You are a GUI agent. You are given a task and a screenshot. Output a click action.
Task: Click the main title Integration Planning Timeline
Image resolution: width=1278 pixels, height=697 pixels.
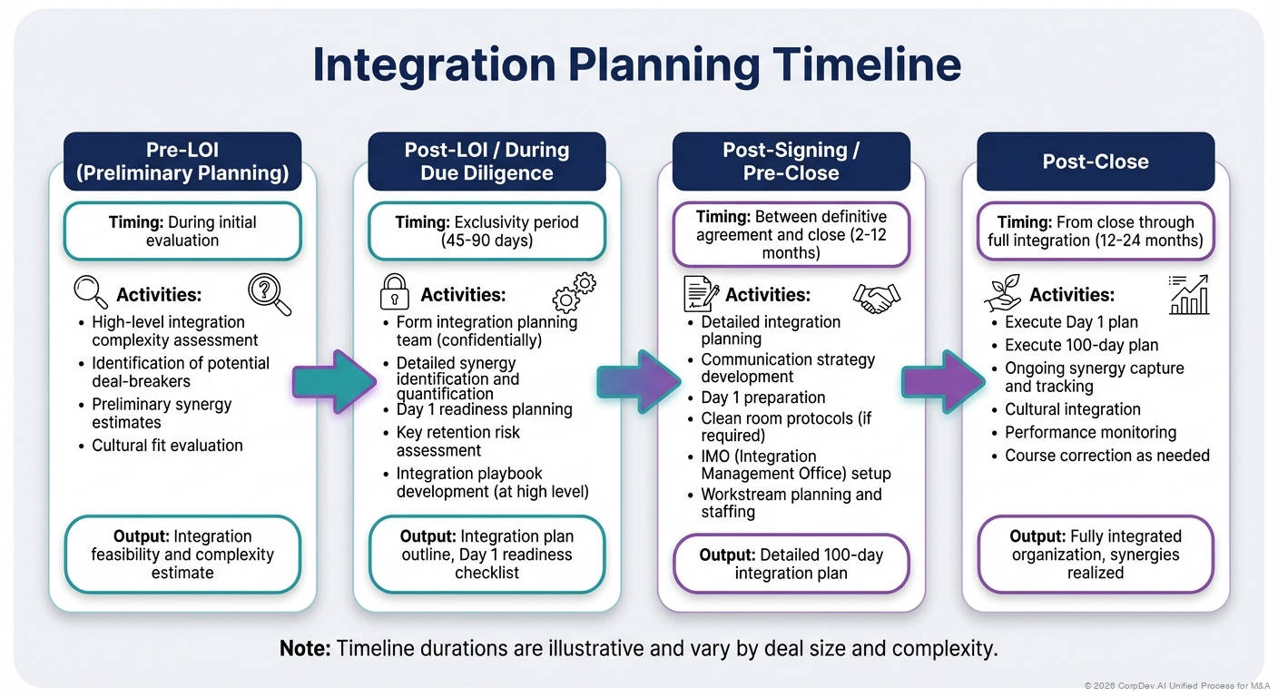click(636, 65)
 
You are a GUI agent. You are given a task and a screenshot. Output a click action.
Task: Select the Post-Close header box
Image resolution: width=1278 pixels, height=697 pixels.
click(1095, 162)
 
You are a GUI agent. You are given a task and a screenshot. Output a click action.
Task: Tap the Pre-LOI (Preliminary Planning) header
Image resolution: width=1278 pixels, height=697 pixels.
click(182, 162)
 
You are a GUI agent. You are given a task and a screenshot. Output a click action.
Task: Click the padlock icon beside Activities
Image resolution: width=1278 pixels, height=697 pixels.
click(394, 293)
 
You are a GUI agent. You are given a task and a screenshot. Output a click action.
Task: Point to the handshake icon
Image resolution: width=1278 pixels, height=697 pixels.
click(876, 294)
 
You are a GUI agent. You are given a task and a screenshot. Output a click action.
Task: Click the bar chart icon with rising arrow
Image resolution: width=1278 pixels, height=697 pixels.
click(1189, 294)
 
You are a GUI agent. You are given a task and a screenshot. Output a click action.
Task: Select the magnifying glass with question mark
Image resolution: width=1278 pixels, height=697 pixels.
click(270, 295)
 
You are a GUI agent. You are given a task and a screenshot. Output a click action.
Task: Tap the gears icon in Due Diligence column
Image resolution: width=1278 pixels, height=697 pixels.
click(575, 292)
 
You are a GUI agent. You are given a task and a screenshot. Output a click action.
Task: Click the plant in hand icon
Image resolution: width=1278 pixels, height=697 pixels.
click(1003, 293)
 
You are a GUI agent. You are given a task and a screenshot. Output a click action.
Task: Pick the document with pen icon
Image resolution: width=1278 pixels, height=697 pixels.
click(700, 293)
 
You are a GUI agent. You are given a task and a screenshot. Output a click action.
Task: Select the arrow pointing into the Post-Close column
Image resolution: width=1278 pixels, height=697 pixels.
click(944, 375)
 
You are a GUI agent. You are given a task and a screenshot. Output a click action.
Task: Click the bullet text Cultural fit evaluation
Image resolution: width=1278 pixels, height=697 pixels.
click(167, 446)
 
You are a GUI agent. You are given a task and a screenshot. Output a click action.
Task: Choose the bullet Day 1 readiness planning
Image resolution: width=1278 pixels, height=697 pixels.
click(484, 409)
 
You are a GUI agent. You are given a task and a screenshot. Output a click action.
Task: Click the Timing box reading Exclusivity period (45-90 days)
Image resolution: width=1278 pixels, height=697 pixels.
click(487, 231)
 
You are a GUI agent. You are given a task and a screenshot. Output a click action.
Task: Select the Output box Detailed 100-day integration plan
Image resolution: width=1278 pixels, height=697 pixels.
click(791, 564)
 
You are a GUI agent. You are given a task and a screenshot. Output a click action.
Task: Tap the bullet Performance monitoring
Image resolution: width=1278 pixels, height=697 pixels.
click(1090, 432)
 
